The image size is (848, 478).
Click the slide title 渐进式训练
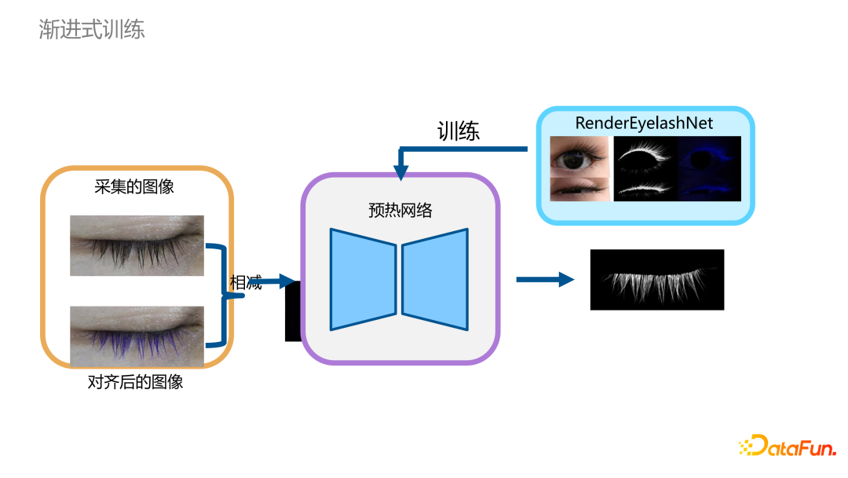(x=92, y=30)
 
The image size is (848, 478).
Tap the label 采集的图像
(x=134, y=187)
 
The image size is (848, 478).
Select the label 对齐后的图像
(x=135, y=383)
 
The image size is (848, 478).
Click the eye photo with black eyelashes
(x=137, y=245)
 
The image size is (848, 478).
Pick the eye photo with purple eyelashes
(x=137, y=336)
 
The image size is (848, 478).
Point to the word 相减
(x=245, y=283)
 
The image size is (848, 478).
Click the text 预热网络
(x=400, y=211)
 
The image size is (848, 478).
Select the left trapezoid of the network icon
(x=363, y=279)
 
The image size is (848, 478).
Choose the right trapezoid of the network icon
(x=435, y=279)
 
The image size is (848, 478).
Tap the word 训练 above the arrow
(x=459, y=131)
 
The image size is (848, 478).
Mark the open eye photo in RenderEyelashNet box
(x=579, y=156)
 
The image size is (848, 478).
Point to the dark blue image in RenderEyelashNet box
(x=709, y=168)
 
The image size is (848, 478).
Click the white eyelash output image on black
(x=656, y=280)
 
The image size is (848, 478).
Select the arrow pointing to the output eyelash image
(x=545, y=279)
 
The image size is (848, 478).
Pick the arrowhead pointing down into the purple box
(x=401, y=171)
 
